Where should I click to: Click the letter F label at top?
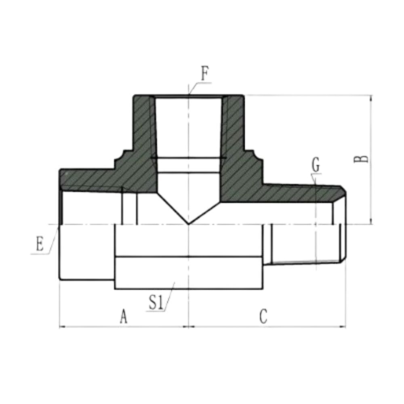[x=204, y=75]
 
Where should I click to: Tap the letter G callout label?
[x=316, y=165]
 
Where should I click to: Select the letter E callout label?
[x=39, y=245]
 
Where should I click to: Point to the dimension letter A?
[x=124, y=316]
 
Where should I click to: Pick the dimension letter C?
[x=263, y=316]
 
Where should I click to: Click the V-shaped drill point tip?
[x=189, y=223]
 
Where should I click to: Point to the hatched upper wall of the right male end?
[x=299, y=192]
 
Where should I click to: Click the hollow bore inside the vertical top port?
[x=189, y=125]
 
